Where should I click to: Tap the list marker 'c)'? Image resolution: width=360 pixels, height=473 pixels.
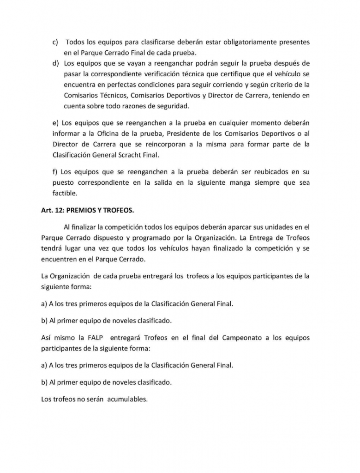click(x=54, y=42)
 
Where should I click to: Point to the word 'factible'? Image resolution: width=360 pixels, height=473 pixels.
click(x=64, y=194)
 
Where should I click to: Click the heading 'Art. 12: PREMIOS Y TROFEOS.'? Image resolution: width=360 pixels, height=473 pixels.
click(x=87, y=210)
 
